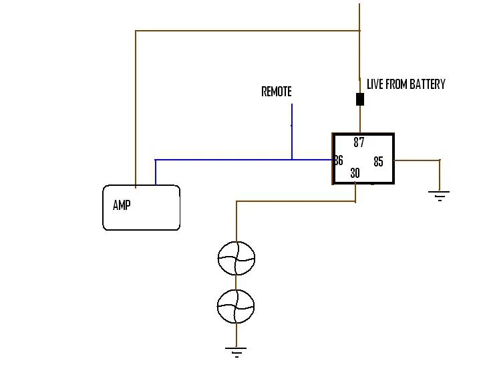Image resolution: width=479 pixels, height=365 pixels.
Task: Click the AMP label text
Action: pyautogui.click(x=122, y=205)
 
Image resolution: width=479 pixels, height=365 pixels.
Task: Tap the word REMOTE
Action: pyautogui.click(x=277, y=92)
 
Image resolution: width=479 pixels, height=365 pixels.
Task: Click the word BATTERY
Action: pyautogui.click(x=428, y=84)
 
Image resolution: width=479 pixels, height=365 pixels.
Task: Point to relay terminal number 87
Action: pyautogui.click(x=359, y=142)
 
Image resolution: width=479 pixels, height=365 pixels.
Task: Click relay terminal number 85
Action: pyautogui.click(x=379, y=162)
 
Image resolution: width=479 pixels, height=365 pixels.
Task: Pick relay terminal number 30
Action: pyautogui.click(x=355, y=173)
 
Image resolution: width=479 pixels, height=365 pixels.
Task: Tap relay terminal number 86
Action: pyautogui.click(x=339, y=160)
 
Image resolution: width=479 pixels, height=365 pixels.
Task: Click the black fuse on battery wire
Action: pyautogui.click(x=360, y=100)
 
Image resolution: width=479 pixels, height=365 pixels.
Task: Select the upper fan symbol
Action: pyautogui.click(x=236, y=258)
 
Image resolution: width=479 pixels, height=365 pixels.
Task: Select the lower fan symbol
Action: pyautogui.click(x=236, y=306)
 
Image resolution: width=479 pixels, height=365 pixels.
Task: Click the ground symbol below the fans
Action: pyautogui.click(x=236, y=352)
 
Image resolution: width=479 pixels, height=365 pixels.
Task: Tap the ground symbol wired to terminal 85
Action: pyautogui.click(x=440, y=196)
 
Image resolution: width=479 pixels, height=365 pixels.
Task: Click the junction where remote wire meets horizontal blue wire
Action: pyautogui.click(x=292, y=160)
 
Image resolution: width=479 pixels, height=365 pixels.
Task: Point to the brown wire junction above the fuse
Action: pyautogui.click(x=359, y=31)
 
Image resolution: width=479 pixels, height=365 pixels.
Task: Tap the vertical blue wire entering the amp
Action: pyautogui.click(x=156, y=172)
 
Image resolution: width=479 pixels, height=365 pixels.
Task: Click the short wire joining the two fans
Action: pyautogui.click(x=236, y=283)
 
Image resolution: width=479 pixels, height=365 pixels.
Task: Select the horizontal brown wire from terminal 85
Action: pyautogui.click(x=417, y=160)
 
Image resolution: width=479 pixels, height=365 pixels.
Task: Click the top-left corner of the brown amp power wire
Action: pyautogui.click(x=136, y=31)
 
